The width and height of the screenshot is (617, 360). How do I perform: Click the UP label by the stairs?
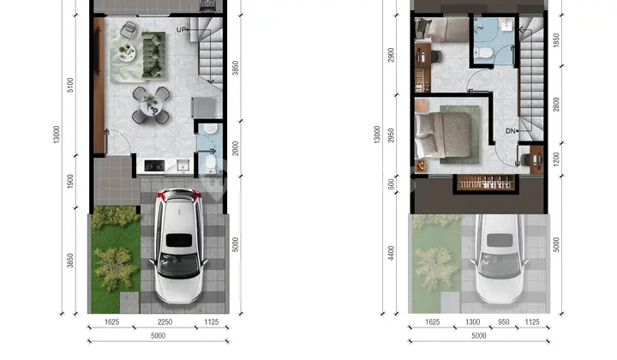tap(181, 29)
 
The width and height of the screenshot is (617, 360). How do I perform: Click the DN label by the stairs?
tap(511, 130)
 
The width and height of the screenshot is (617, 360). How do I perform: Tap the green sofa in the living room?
tap(153, 55)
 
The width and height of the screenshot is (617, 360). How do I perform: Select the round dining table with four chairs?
tap(151, 105)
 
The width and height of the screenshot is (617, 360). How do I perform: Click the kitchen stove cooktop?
tap(154, 165)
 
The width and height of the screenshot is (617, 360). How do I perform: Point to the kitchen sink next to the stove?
tap(183, 165)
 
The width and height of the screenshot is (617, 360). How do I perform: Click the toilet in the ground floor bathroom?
tap(211, 163)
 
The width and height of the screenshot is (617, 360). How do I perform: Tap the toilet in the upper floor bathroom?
tap(483, 53)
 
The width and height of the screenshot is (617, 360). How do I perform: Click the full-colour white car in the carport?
tap(178, 246)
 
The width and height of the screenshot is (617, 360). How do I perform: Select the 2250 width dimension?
tap(165, 321)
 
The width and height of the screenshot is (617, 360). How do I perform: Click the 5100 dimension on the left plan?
tap(70, 85)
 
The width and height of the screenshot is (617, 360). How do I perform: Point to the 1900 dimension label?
tap(70, 181)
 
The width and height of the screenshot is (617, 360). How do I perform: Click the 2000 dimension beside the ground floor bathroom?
tap(236, 148)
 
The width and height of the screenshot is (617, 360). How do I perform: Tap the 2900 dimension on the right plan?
tap(391, 55)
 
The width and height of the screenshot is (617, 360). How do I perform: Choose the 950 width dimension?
tap(504, 321)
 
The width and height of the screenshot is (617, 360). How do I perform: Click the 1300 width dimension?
tap(472, 321)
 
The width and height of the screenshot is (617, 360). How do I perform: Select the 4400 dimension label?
tap(391, 253)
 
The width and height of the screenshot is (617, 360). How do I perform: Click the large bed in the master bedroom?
tap(444, 135)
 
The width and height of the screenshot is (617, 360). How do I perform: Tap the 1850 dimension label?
tap(556, 40)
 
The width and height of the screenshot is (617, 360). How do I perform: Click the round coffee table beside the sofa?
tap(127, 52)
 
